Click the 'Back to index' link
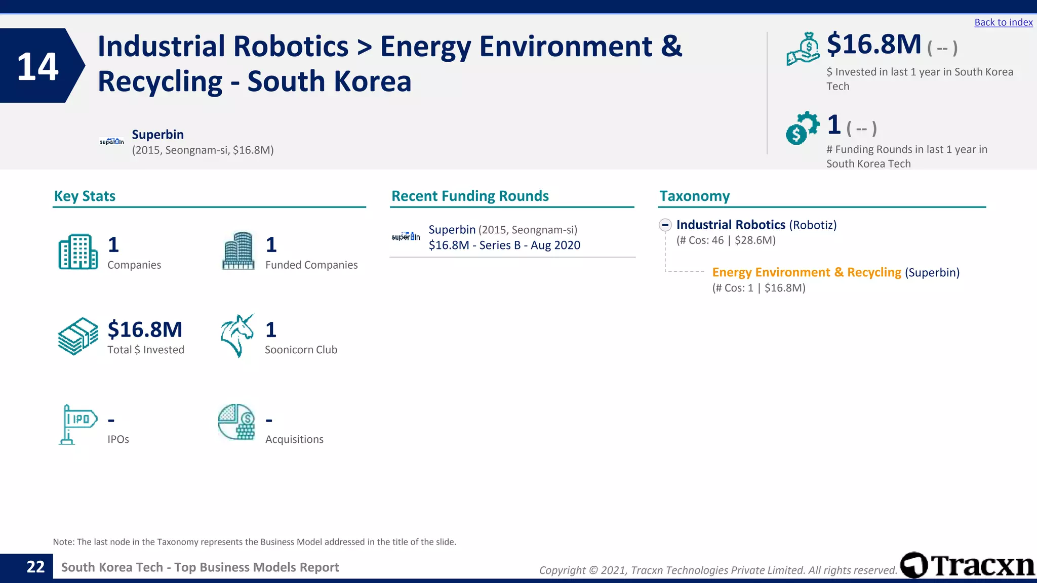click(1003, 22)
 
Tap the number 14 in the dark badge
click(37, 66)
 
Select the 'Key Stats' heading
click(85, 196)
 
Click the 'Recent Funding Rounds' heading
click(470, 196)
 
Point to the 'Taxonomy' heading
click(694, 196)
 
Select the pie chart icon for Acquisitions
click(236, 422)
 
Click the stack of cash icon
click(78, 336)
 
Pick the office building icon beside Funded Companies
click(238, 251)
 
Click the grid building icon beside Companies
click(78, 252)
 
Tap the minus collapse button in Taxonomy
click(665, 225)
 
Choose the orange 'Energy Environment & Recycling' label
click(807, 272)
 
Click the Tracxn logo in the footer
click(968, 565)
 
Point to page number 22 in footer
click(35, 567)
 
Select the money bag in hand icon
click(803, 49)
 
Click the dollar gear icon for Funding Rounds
click(802, 128)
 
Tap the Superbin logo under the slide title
click(112, 142)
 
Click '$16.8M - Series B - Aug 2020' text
click(504, 245)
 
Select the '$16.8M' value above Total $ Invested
click(145, 329)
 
